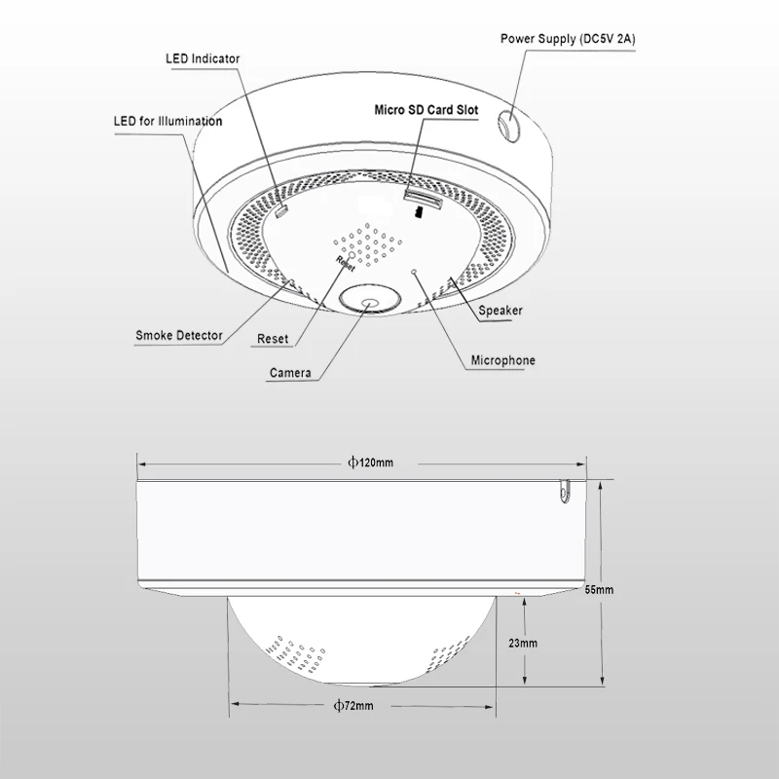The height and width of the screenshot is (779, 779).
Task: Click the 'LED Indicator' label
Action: click(202, 58)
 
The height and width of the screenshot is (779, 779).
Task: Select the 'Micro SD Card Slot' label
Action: click(427, 110)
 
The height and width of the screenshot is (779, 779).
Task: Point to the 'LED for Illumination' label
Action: click(167, 122)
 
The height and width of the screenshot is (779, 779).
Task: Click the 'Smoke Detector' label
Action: click(179, 336)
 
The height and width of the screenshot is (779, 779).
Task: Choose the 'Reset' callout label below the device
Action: click(273, 340)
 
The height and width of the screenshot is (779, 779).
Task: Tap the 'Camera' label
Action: click(290, 372)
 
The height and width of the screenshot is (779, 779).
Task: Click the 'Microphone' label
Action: click(502, 360)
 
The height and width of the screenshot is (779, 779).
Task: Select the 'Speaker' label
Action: click(501, 310)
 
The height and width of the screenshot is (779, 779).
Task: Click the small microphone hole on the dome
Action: click(414, 272)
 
